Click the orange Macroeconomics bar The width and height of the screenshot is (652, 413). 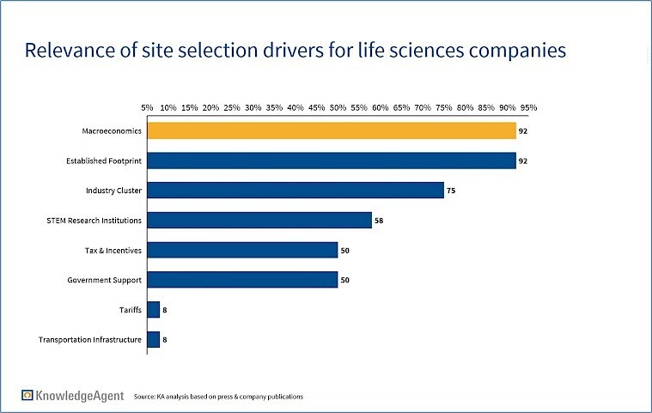pyautogui.click(x=332, y=131)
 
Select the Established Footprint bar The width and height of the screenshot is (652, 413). pyautogui.click(x=332, y=161)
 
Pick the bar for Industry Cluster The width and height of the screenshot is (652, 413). pyautogui.click(x=296, y=190)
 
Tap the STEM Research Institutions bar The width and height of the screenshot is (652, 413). pyautogui.click(x=259, y=220)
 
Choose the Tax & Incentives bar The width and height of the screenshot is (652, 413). pyautogui.click(x=242, y=250)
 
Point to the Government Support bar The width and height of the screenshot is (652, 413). pyautogui.click(x=242, y=280)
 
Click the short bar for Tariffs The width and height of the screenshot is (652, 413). pyautogui.click(x=154, y=309)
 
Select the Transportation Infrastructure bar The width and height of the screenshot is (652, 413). pyautogui.click(x=154, y=339)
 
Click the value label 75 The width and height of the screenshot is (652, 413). pyautogui.click(x=450, y=191)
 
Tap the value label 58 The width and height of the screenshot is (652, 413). pyautogui.click(x=378, y=221)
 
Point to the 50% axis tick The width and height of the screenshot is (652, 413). pyautogui.click(x=338, y=108)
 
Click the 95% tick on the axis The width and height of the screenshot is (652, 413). pyautogui.click(x=528, y=108)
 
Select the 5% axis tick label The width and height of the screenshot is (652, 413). pyautogui.click(x=148, y=108)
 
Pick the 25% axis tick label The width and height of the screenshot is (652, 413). pyautogui.click(x=232, y=108)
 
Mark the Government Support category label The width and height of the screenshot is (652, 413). pyautogui.click(x=104, y=280)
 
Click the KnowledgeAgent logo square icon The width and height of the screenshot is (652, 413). pyautogui.click(x=28, y=395)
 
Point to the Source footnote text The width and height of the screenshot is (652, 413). pyautogui.click(x=217, y=397)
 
